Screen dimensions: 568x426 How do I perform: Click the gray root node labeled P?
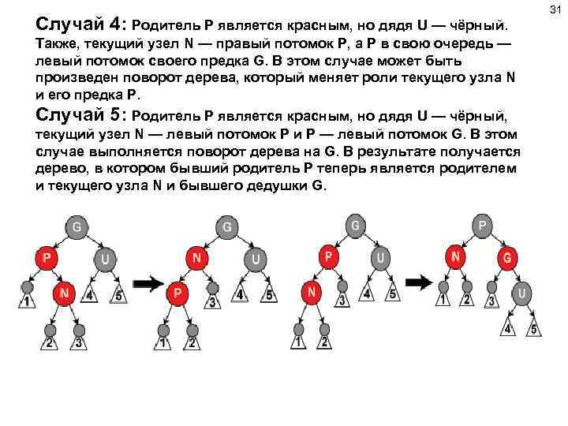(481, 225)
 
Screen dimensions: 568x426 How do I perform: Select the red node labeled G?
(507, 258)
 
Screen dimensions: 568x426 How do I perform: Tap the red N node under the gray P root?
(454, 256)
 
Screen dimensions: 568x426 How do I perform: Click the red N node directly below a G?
(196, 259)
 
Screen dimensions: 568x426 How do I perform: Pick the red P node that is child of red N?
(177, 293)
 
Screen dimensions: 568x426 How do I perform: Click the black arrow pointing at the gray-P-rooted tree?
(420, 282)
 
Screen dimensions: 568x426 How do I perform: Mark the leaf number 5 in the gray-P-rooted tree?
(535, 329)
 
